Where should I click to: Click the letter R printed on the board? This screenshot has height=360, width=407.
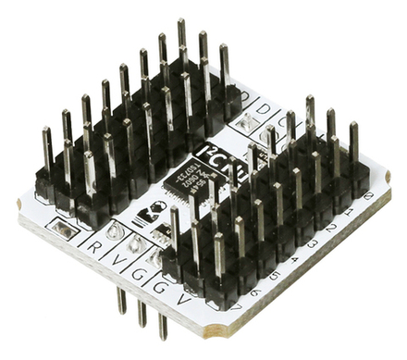[95, 247]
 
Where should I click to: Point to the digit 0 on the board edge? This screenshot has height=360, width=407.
[370, 196]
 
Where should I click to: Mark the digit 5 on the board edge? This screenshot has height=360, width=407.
[274, 277]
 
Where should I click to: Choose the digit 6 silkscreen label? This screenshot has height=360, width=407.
[254, 292]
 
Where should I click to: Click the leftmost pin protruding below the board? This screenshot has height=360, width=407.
[121, 300]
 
